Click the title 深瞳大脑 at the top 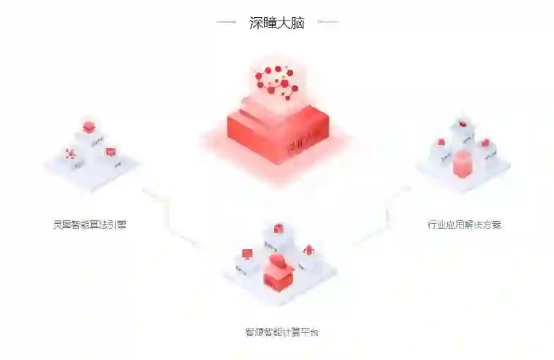[x=277, y=23]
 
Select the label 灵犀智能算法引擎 [x=90, y=224]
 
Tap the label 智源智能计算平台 [x=281, y=333]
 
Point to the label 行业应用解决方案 [x=464, y=224]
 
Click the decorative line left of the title [x=226, y=23]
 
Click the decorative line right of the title [x=328, y=23]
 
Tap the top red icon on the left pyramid [x=88, y=127]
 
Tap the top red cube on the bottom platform [x=278, y=228]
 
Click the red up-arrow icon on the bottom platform [x=308, y=249]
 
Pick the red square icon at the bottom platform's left [x=247, y=254]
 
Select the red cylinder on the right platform [x=463, y=164]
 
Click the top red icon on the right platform [x=463, y=125]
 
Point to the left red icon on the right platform [x=441, y=142]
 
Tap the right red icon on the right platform [x=485, y=143]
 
